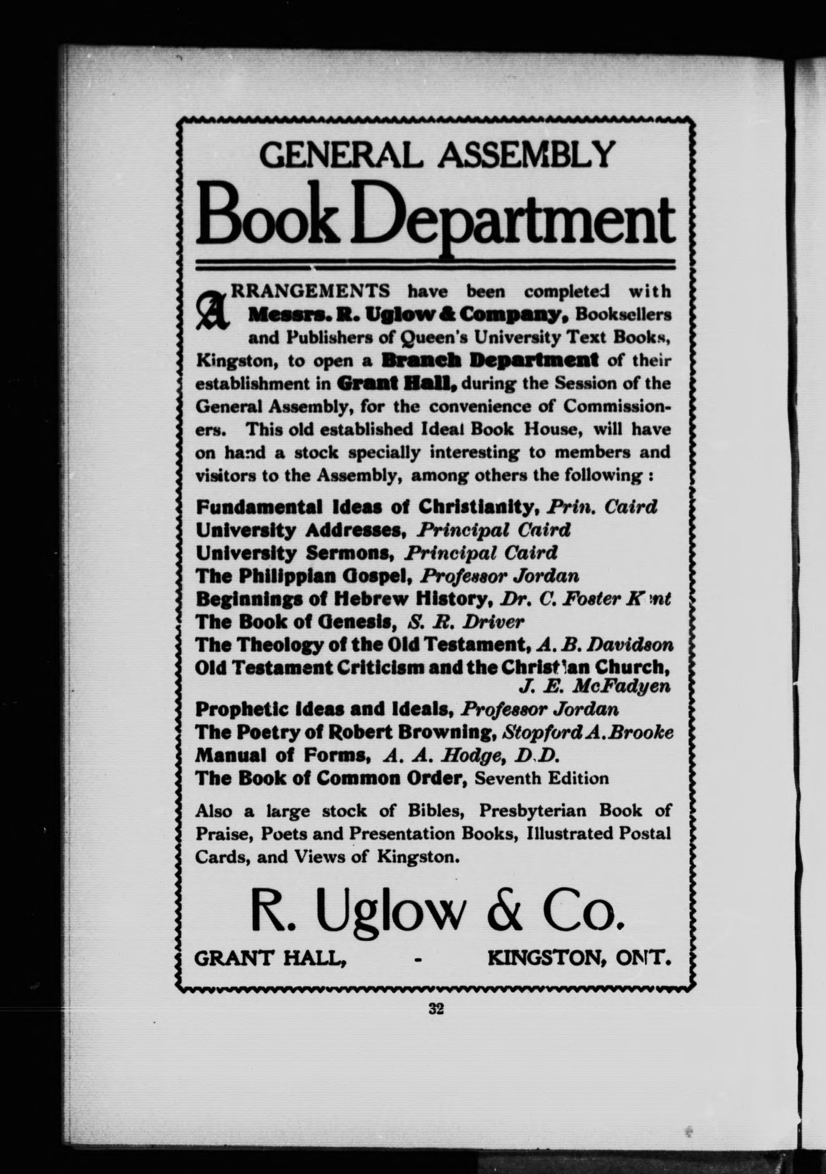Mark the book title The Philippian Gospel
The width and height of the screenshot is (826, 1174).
point(304,576)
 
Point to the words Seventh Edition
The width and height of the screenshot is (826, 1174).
point(542,778)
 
